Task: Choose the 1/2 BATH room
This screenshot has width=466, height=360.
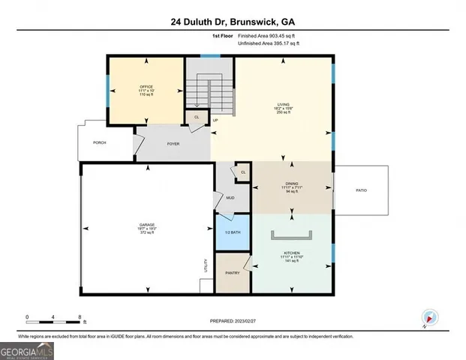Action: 233,233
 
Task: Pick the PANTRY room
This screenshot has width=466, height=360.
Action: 233,273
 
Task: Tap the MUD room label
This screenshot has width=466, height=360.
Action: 230,198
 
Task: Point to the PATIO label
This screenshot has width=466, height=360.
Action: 361,190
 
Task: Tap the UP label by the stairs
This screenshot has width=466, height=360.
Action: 216,121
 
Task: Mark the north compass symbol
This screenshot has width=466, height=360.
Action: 430,317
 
